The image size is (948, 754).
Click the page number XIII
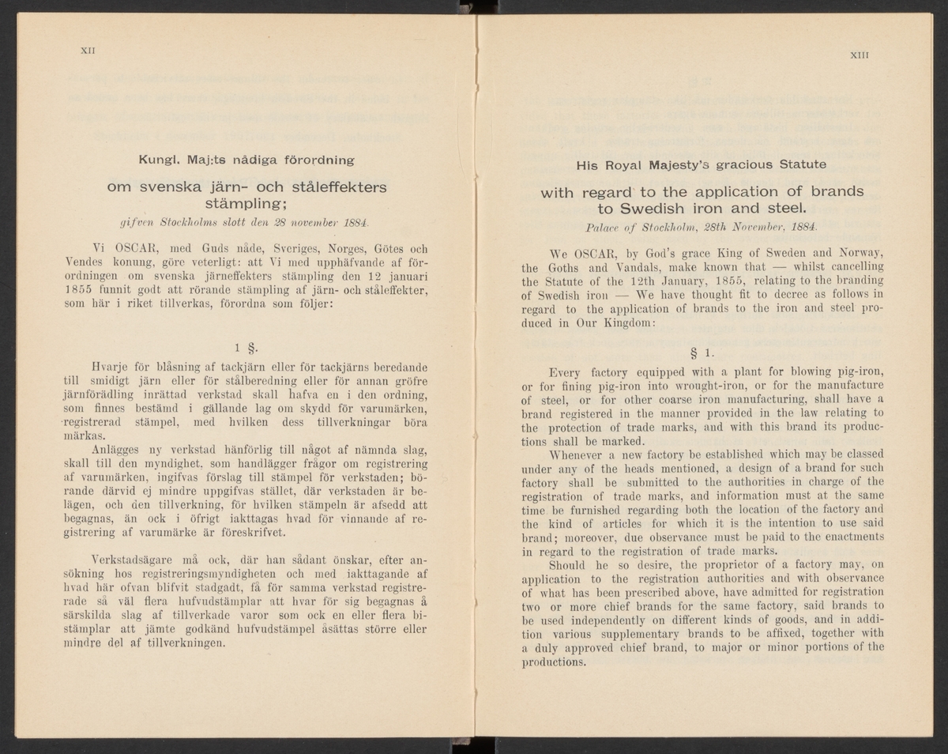click(x=860, y=55)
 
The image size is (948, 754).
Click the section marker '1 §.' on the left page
click(x=243, y=347)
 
